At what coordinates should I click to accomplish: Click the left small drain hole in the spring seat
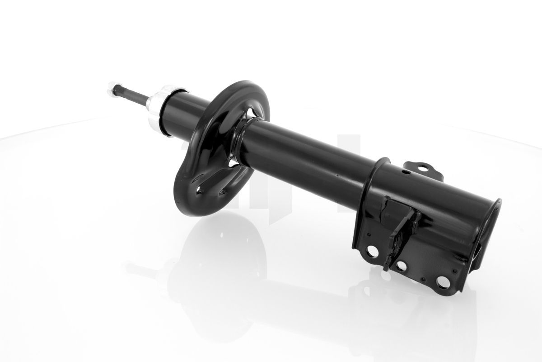198,192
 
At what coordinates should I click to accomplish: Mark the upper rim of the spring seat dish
244,86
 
